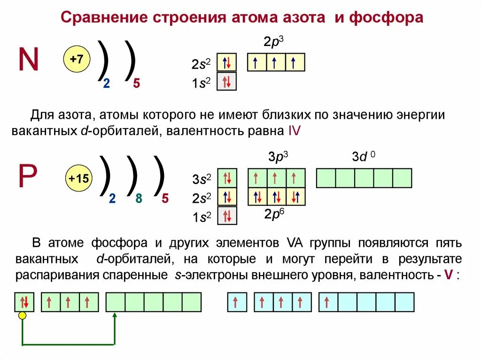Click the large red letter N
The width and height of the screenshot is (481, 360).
29,60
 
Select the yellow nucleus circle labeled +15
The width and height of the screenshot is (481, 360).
79,178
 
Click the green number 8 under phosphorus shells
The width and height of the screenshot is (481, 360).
139,199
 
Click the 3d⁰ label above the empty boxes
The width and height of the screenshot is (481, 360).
363,157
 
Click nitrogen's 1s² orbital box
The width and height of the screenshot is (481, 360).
226,82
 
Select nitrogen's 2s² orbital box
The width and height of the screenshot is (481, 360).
226,62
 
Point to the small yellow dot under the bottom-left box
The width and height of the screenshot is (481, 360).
22,316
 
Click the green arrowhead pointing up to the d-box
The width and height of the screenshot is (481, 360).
115,316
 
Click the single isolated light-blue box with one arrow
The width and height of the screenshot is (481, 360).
237,302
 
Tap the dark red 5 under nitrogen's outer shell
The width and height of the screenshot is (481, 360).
137,84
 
